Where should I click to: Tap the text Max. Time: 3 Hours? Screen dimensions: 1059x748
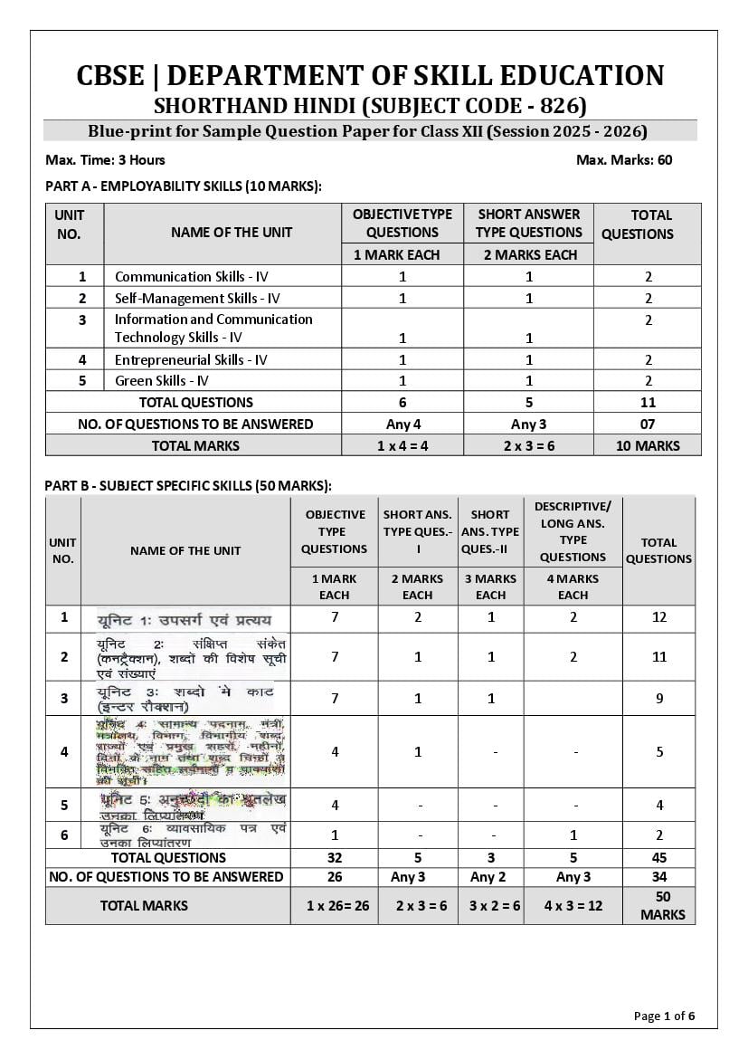pyautogui.click(x=105, y=160)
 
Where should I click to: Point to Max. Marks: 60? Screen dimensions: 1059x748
pyautogui.click(x=623, y=160)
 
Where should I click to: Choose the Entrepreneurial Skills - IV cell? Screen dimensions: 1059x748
pyautogui.click(x=191, y=360)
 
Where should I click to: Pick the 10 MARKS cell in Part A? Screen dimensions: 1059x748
pyautogui.click(x=647, y=445)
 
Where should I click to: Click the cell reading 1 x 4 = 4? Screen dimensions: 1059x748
pyautogui.click(x=402, y=445)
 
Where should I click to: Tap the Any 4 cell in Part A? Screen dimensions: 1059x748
pyautogui.click(x=402, y=424)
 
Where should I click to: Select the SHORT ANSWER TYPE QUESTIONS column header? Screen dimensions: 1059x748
pyautogui.click(x=528, y=223)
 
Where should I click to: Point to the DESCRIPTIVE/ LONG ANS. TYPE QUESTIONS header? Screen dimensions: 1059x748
pyautogui.click(x=573, y=530)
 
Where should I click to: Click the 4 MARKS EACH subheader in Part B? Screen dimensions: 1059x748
pyautogui.click(x=573, y=587)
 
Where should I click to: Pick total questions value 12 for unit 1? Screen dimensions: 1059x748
pyautogui.click(x=658, y=618)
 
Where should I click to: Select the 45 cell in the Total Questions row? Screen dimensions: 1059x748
pyautogui.click(x=658, y=858)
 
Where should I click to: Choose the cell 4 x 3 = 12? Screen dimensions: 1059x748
pyautogui.click(x=573, y=905)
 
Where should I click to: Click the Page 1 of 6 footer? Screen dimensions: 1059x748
pyautogui.click(x=664, y=1016)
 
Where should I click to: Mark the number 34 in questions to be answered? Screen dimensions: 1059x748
pyautogui.click(x=658, y=877)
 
